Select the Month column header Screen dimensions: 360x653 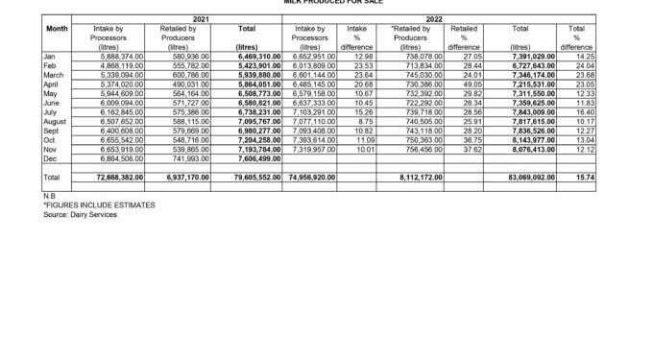click(57, 29)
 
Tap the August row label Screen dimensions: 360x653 click(56, 122)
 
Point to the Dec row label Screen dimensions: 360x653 click(50, 158)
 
